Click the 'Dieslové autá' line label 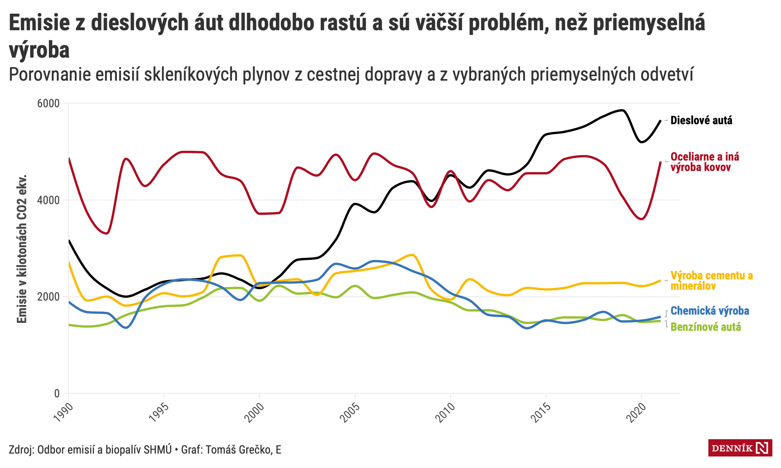click(701, 120)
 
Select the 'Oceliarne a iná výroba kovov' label click(704, 162)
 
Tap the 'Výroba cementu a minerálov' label click(711, 281)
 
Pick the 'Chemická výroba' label click(709, 311)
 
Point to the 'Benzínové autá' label click(705, 327)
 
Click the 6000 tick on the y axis click(48, 104)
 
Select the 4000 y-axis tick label click(48, 200)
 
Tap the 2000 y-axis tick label click(48, 297)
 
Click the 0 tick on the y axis click(57, 393)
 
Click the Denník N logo click(740, 448)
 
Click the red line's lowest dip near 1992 click(107, 233)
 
